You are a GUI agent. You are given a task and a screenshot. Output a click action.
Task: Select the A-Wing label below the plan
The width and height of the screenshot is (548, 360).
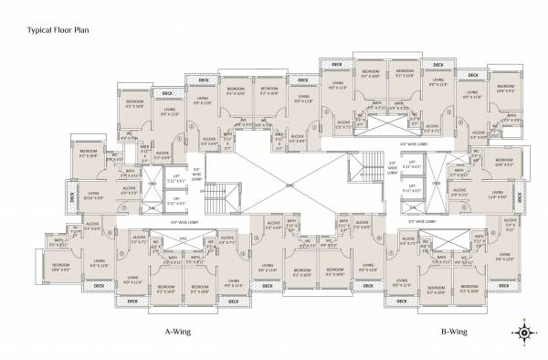click(176, 333)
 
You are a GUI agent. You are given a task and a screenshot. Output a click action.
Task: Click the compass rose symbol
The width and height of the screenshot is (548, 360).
click(525, 333)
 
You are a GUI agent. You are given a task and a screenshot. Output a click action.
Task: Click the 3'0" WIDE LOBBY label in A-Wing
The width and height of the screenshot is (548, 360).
click(195, 174)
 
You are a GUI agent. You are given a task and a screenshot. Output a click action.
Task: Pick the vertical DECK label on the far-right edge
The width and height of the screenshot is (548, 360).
click(518, 194)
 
